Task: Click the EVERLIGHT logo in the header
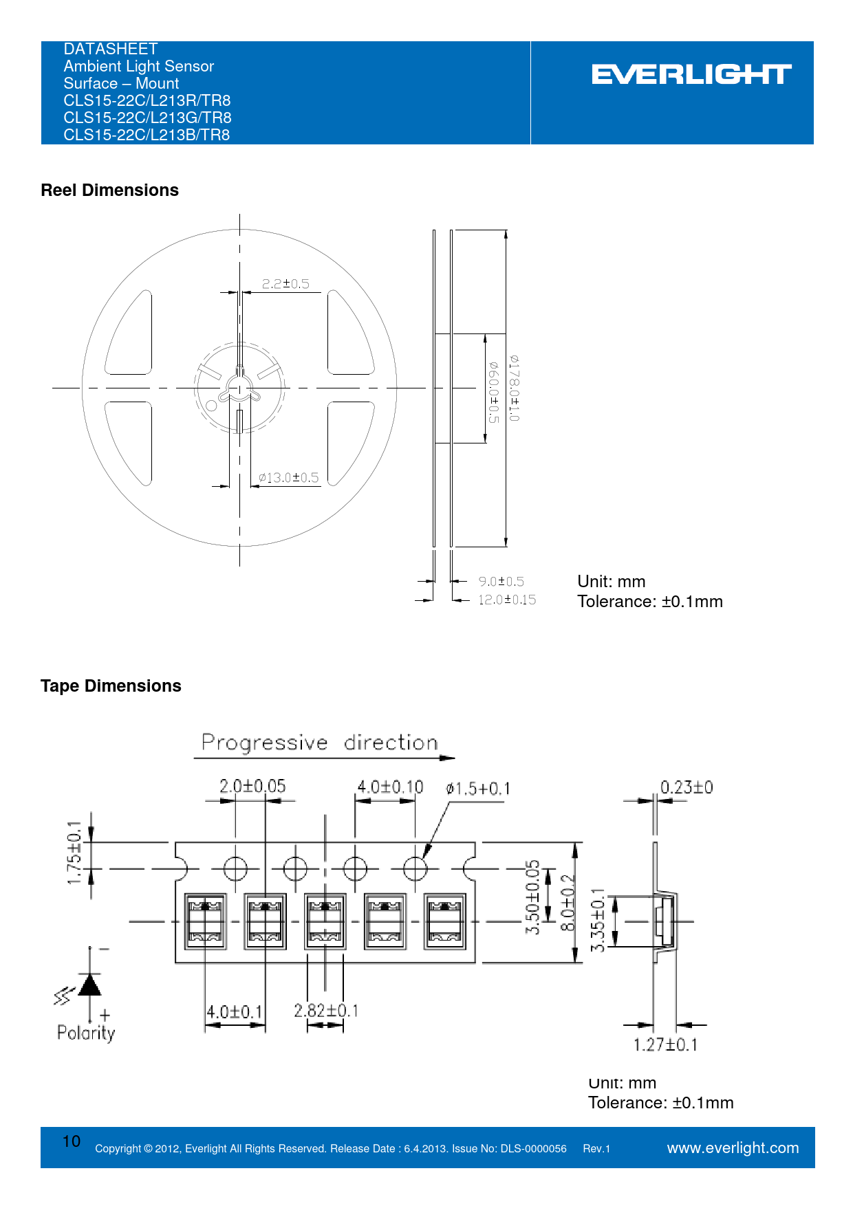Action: [691, 74]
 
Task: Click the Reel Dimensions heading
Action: [110, 190]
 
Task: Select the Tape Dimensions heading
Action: [111, 686]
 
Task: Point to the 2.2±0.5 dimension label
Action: [285, 284]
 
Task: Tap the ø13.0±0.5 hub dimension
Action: [289, 478]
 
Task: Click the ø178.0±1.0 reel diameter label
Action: [515, 388]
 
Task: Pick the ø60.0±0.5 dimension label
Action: [493, 392]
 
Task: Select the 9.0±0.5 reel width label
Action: [501, 582]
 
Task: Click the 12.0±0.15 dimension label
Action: [507, 600]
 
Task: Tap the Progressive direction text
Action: [320, 743]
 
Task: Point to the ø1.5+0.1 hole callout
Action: [478, 789]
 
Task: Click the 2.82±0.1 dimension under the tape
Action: [326, 1011]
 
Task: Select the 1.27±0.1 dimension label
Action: [665, 1045]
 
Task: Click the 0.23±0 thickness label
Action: [687, 787]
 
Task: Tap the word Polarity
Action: [86, 1033]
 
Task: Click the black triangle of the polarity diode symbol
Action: [90, 985]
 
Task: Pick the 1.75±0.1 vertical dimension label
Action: [74, 853]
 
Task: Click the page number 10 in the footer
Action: [72, 1141]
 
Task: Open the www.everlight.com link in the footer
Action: [733, 1148]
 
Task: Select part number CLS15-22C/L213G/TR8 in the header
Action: [148, 118]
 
